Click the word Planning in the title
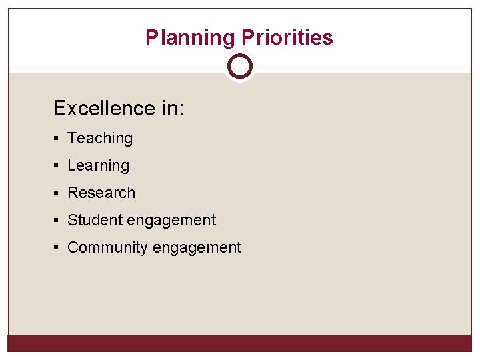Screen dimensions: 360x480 190,37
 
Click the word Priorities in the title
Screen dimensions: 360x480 287,37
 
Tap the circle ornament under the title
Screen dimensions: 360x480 240,67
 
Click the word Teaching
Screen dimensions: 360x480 100,139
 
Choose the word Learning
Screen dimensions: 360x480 98,166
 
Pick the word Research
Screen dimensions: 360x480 101,193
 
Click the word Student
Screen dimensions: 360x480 93,220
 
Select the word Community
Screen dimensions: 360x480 108,247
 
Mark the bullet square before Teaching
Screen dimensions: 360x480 58,139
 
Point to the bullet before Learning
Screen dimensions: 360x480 58,166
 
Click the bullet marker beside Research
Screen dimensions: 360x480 58,193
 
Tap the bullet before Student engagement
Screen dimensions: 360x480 58,221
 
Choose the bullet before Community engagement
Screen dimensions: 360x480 58,248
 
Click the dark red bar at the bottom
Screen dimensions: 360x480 240,343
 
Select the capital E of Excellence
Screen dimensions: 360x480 60,108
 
